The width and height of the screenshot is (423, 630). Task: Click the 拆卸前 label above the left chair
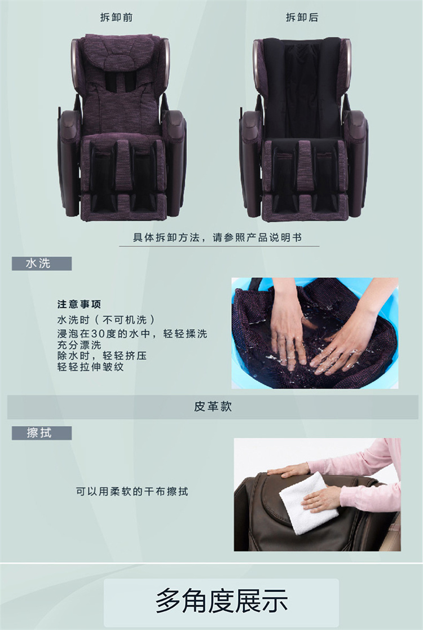[117, 17]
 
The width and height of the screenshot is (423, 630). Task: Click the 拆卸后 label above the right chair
[302, 17]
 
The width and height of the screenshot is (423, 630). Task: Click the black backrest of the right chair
[302, 89]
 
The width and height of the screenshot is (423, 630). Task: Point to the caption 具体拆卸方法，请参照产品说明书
[217, 237]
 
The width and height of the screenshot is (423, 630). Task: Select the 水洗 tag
[38, 263]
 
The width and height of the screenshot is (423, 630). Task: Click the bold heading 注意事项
[79, 304]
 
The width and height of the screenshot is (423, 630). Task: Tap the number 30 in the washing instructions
[98, 333]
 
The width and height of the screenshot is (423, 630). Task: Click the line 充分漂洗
[79, 345]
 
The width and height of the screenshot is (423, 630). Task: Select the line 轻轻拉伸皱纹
[90, 367]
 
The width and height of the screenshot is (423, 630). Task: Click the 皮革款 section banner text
[213, 406]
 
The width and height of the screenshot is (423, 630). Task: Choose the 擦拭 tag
[39, 433]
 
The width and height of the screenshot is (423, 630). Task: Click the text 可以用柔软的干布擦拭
[132, 491]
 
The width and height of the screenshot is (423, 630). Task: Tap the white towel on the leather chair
[307, 503]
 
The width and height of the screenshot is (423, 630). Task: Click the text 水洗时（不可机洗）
[106, 320]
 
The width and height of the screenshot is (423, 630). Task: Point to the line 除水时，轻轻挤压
[102, 355]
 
